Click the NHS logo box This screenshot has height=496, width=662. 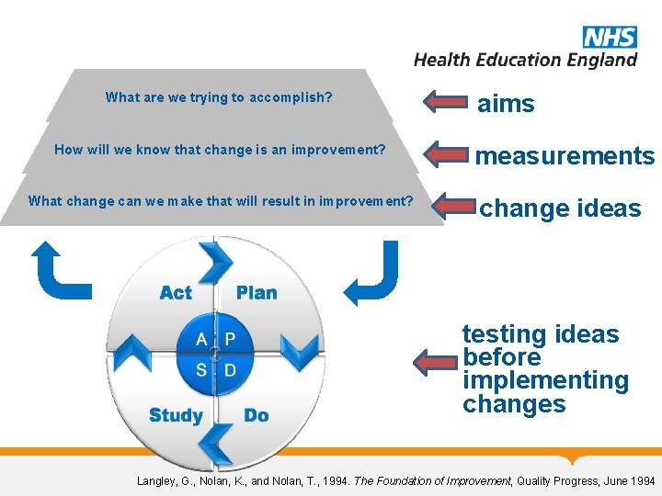[x=609, y=37]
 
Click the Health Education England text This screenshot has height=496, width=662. [x=525, y=60]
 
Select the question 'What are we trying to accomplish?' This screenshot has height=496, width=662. [x=219, y=96]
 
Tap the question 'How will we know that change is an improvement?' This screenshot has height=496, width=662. [x=220, y=149]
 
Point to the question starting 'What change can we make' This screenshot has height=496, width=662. [x=221, y=201]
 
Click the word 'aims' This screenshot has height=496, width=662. [x=505, y=104]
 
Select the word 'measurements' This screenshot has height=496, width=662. [x=565, y=156]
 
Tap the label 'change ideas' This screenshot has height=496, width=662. [x=559, y=209]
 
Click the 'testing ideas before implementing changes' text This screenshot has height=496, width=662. [x=544, y=369]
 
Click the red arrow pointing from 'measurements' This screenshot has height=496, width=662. [x=445, y=152]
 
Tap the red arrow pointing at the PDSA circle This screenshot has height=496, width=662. [x=436, y=361]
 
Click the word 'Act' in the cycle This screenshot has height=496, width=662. [x=176, y=293]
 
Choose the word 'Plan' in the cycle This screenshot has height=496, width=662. [x=257, y=293]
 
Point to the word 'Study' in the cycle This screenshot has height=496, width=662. [x=176, y=415]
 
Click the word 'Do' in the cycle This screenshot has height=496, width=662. [x=257, y=415]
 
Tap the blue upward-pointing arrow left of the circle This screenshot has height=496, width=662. [x=61, y=270]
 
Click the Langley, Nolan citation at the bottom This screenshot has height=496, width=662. [x=395, y=480]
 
